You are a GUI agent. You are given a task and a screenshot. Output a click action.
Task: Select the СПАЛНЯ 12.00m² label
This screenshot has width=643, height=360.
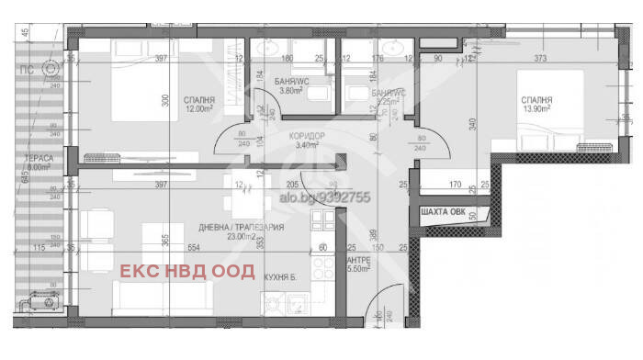click(198, 105)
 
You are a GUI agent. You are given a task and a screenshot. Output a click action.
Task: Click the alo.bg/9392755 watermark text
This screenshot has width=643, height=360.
click(323, 196)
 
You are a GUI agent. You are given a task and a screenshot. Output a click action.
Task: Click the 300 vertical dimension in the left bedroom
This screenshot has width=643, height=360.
click(167, 103)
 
